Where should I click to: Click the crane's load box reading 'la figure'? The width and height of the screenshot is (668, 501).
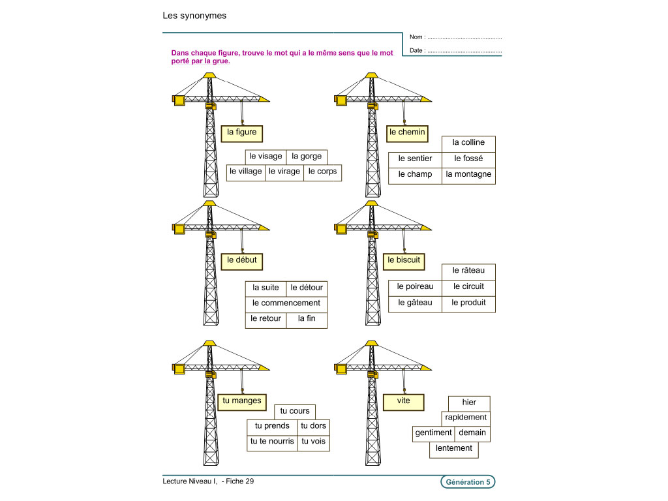241,133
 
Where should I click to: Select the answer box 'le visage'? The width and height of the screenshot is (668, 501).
266,157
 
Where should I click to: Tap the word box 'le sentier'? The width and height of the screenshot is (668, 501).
415,159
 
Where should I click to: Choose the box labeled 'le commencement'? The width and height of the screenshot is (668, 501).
286,303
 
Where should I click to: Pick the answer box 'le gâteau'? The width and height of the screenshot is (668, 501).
415,303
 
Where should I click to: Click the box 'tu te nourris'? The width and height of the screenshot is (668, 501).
272,442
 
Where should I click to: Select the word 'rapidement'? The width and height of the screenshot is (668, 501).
465,417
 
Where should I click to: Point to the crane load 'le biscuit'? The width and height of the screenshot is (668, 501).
404,260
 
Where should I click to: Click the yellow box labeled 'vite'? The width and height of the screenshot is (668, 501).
404,401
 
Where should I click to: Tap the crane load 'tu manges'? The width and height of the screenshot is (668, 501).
241,401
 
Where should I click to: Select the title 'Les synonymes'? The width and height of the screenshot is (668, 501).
194,16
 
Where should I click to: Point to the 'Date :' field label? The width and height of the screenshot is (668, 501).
417,50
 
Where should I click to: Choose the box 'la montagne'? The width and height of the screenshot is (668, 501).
468,175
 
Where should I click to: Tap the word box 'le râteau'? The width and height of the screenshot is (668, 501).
468,271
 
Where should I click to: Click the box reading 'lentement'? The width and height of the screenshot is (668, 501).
454,449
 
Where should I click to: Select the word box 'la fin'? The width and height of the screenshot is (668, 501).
307,319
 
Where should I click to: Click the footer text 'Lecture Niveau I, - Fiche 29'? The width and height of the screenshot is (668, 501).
208,482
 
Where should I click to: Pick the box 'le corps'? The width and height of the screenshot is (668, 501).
322,172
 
